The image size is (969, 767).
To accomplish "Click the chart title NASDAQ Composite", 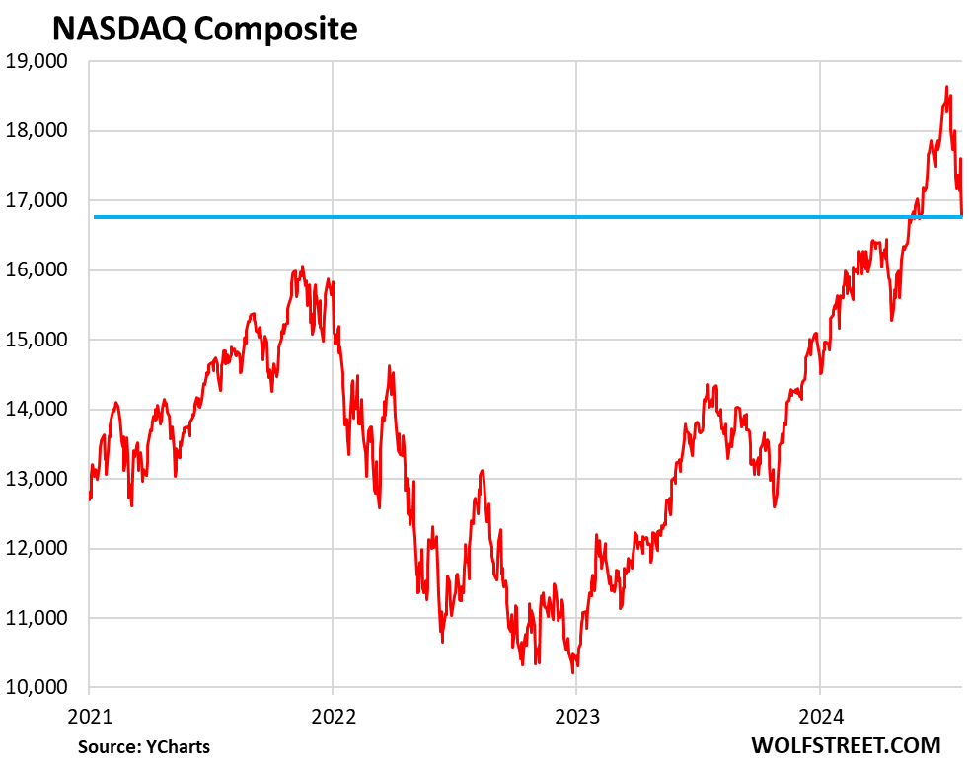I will [x=204, y=29].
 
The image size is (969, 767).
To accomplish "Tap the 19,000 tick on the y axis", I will [x=39, y=62].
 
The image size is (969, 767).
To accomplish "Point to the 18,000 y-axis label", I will [x=39, y=131].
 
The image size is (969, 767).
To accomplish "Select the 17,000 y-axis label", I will [x=39, y=201].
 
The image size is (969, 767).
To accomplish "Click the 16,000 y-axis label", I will [x=39, y=270].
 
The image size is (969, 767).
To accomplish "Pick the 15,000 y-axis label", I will [x=39, y=340].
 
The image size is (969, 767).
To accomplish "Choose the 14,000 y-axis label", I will [x=39, y=410].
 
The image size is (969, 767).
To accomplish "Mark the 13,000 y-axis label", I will [x=39, y=479].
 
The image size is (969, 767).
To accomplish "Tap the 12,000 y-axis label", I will [x=39, y=549].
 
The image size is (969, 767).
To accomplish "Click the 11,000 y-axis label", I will [x=39, y=618].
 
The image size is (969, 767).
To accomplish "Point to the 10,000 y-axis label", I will [x=39, y=688].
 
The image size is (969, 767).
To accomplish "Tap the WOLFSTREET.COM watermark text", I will [x=846, y=744].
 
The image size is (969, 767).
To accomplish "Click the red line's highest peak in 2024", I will [x=947, y=87].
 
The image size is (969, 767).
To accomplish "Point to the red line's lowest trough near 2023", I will [x=573, y=672].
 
